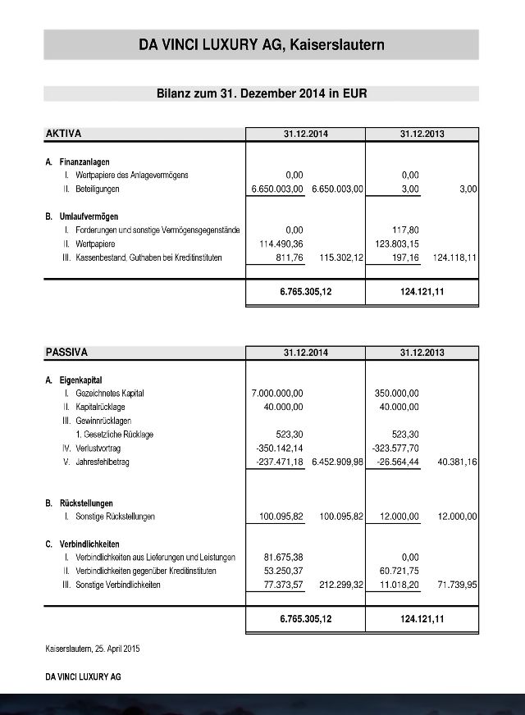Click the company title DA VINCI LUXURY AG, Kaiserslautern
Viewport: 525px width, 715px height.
tap(261, 45)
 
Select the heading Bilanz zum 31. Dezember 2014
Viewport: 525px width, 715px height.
tap(261, 93)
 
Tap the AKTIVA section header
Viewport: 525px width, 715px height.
tap(63, 133)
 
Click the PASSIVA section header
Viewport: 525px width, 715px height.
tap(66, 353)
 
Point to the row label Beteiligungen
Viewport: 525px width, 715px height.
tap(92, 189)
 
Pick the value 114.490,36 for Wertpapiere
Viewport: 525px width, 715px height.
tap(280, 244)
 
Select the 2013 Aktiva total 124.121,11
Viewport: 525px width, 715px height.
tap(422, 292)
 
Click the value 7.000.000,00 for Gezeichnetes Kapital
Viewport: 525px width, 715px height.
tap(277, 394)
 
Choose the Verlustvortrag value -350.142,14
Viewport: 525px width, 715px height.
tap(280, 449)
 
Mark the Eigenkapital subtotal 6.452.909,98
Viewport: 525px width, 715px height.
tap(337, 462)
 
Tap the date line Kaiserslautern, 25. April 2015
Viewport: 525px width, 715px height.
tap(93, 649)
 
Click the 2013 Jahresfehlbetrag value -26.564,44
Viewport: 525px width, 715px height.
tap(397, 462)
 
